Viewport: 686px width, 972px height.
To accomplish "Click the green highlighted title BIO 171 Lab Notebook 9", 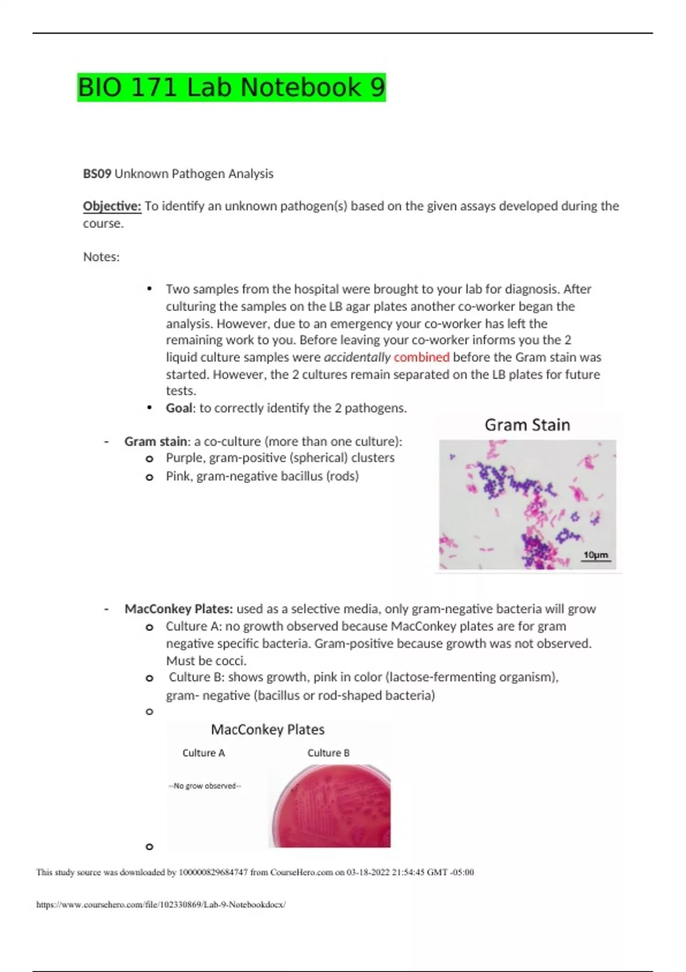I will point(232,87).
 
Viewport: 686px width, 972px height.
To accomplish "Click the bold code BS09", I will point(97,174).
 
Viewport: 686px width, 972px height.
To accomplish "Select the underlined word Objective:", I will point(112,206).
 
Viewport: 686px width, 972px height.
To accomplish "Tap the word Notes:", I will point(101,257).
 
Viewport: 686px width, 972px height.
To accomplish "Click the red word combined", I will point(421,357).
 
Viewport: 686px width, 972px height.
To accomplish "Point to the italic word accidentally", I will point(357,357).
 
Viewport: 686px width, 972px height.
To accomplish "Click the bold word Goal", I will point(180,408).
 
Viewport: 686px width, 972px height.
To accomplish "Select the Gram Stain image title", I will point(527,425).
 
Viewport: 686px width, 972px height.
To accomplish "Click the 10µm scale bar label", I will point(595,555).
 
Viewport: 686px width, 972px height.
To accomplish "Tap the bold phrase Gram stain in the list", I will point(155,441).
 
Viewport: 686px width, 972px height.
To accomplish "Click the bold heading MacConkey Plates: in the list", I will point(178,609).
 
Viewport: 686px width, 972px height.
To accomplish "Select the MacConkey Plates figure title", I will point(268,730).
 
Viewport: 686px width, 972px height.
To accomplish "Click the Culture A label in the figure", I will point(204,753).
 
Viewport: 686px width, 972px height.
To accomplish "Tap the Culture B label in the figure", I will point(328,753).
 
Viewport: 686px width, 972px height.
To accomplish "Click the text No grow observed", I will point(205,786).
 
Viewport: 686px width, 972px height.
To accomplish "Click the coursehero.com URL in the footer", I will point(161,905).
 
